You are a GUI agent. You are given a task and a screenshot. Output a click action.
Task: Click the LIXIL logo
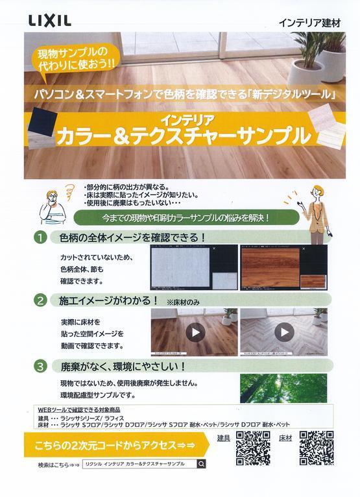[50, 21]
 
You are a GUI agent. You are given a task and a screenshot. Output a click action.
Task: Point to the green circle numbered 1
[40, 237]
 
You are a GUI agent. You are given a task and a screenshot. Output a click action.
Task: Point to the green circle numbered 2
[40, 300]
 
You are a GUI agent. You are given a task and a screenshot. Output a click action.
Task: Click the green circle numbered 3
[40, 367]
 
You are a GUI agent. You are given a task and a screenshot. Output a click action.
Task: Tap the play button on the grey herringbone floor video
[283, 332]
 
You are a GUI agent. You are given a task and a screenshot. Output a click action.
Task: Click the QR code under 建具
[253, 448]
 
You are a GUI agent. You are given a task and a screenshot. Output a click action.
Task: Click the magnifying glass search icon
[201, 464]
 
